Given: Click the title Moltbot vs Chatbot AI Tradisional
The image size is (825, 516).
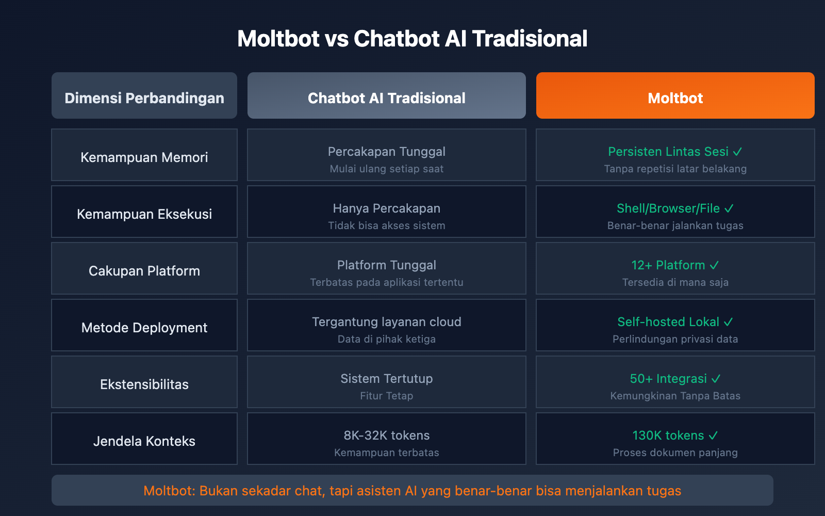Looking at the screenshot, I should (x=412, y=39).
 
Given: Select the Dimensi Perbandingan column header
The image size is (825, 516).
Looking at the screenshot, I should (x=144, y=98).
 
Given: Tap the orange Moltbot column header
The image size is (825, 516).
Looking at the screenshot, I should (x=675, y=98).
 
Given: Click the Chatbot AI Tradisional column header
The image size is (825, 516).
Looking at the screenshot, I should (x=386, y=98).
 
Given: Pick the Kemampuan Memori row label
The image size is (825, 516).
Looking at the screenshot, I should (x=144, y=157).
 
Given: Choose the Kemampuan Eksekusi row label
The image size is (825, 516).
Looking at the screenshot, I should (x=144, y=214).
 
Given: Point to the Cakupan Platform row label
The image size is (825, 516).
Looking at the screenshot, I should (x=144, y=271).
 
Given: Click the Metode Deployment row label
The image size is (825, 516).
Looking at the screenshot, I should (x=144, y=328).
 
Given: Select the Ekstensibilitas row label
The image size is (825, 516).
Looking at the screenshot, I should (x=144, y=384).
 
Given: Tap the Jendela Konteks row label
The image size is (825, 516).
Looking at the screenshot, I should (x=144, y=441).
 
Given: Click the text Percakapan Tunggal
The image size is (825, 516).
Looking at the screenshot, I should (x=386, y=152).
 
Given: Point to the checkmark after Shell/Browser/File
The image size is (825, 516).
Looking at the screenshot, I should (x=729, y=209).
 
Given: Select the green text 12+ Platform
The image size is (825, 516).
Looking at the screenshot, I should (x=668, y=265).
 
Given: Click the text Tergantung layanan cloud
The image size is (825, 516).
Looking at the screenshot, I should (x=386, y=322).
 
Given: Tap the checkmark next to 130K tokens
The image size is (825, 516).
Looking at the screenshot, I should (x=713, y=436).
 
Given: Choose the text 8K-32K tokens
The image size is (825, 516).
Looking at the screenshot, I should (x=386, y=436).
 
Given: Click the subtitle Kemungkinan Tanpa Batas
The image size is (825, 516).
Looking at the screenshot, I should (x=675, y=396).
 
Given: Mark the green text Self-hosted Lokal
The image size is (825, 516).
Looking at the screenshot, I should (x=668, y=322).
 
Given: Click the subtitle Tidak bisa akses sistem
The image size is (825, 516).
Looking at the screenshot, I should (x=386, y=225).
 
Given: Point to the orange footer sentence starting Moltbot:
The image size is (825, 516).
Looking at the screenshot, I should (x=412, y=491).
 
